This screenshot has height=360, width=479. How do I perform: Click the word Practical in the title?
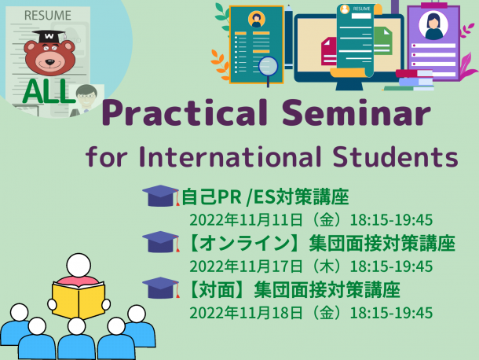click(x=185, y=112)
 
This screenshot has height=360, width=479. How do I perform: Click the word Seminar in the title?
click(x=356, y=112)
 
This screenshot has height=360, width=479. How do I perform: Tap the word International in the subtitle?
click(x=230, y=156)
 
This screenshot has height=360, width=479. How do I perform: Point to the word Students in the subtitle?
click(x=395, y=156)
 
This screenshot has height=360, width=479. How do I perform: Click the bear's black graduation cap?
click(x=49, y=36)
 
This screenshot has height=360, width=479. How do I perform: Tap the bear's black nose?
click(x=49, y=63)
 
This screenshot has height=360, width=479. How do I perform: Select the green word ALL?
click(x=48, y=91)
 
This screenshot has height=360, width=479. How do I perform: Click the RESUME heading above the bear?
click(x=47, y=15)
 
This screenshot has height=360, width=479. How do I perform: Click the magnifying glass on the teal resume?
click(x=269, y=70)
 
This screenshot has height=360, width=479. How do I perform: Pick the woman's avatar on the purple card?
click(x=433, y=26)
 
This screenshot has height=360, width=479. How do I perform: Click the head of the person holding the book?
click(x=79, y=265)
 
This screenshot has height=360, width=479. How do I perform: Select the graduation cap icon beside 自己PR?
click(x=161, y=196)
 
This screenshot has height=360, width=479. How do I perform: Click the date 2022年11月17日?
click(x=246, y=266)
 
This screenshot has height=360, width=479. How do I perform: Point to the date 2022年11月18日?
click(x=246, y=313)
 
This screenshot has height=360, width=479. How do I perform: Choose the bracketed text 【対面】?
click(x=218, y=290)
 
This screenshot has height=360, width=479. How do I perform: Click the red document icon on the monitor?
click(x=329, y=51)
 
